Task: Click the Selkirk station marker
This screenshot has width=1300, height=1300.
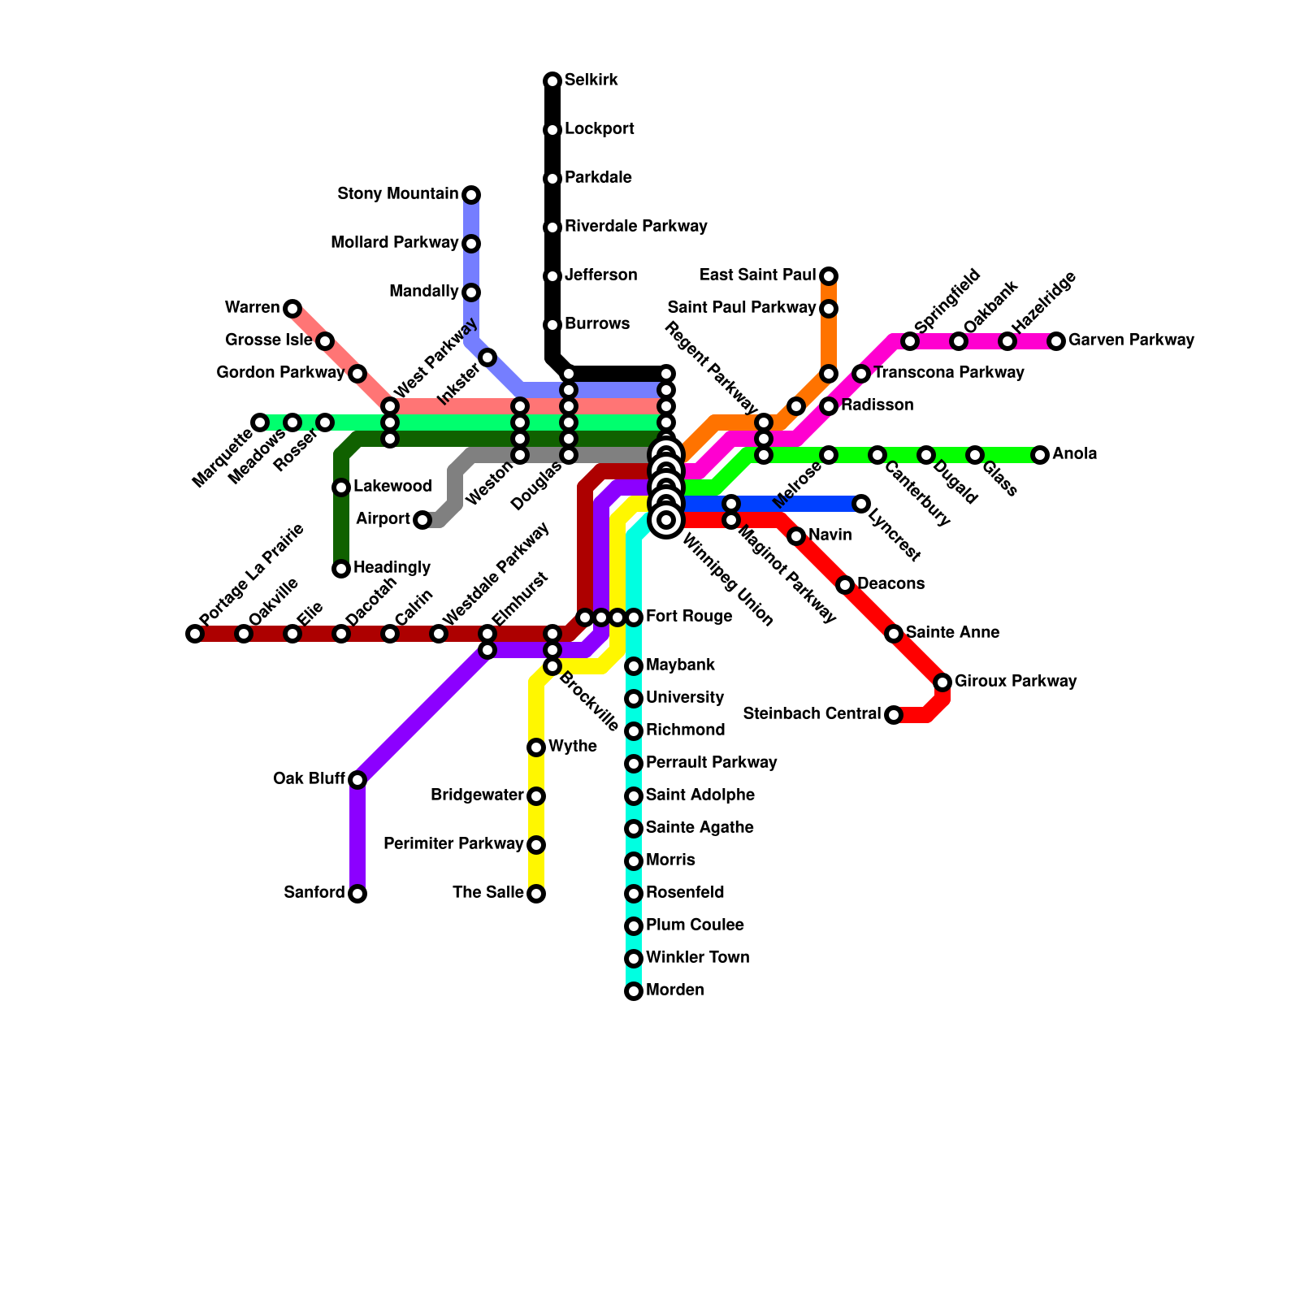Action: tap(552, 80)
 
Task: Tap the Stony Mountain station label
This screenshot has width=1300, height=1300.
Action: tap(397, 194)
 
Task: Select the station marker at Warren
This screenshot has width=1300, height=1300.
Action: tap(292, 308)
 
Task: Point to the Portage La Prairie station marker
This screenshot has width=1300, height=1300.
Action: tap(194, 634)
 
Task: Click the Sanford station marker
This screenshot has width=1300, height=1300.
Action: tap(357, 894)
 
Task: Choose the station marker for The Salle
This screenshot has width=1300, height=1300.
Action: tap(536, 894)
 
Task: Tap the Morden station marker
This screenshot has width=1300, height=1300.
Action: tap(634, 991)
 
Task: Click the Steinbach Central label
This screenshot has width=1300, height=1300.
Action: tap(811, 714)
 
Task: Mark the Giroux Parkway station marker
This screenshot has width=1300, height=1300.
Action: tap(942, 682)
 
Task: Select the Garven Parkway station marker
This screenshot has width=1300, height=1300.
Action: tap(1056, 341)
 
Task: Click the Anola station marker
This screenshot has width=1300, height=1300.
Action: tap(1041, 455)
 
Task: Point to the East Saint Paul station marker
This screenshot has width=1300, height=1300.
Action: tap(829, 276)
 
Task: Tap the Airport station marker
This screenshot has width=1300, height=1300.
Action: tap(422, 520)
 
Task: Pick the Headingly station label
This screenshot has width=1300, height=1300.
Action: tap(392, 567)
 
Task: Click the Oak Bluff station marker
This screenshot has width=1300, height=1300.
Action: tap(357, 780)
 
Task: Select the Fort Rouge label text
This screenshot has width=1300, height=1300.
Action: tap(689, 617)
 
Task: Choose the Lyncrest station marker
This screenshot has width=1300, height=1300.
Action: tap(861, 504)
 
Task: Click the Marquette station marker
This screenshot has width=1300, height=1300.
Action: tap(260, 422)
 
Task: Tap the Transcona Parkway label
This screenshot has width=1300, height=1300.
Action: tap(948, 373)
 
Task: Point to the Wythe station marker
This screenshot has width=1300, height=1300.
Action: tap(536, 747)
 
